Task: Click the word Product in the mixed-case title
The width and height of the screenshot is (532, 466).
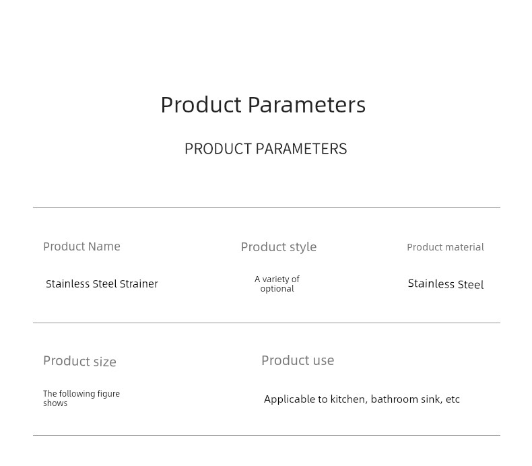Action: (201, 104)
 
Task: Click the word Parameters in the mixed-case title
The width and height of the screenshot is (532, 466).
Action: (306, 104)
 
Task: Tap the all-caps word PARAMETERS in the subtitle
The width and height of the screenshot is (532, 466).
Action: (301, 149)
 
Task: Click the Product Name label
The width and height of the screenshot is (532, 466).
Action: (81, 246)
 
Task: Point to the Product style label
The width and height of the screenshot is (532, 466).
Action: (279, 247)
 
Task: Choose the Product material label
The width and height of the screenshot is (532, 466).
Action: (446, 247)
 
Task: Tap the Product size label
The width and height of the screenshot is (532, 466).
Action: (79, 361)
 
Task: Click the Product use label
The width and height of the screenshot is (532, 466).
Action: (298, 360)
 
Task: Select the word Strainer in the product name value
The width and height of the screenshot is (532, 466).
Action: (139, 284)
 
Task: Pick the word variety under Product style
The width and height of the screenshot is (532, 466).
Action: (276, 279)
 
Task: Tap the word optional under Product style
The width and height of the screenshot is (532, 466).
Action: (277, 288)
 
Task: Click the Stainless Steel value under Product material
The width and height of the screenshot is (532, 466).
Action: (446, 284)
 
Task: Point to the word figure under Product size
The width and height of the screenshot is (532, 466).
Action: (108, 394)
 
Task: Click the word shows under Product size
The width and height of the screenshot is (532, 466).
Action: (55, 403)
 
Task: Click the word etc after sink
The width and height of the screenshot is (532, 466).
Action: (453, 399)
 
